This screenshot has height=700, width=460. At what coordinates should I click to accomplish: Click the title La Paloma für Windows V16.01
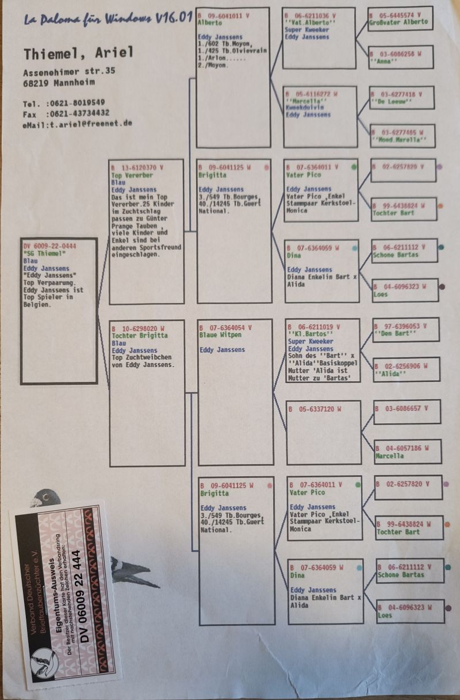(x=108, y=19)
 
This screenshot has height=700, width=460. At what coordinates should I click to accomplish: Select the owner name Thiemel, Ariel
(x=78, y=53)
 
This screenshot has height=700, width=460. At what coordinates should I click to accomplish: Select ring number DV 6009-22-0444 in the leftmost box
(x=50, y=246)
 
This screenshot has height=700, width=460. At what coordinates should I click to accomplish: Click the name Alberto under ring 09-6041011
(x=209, y=22)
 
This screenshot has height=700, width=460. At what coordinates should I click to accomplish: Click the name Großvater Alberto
(x=400, y=22)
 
